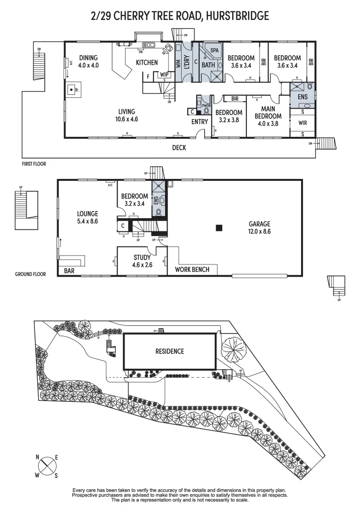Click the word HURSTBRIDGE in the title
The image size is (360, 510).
[x=236, y=17]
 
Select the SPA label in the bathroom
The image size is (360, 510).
[x=214, y=50]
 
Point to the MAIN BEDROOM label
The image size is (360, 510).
[x=268, y=112]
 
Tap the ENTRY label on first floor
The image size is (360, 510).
[x=200, y=122]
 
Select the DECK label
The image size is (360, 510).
[x=179, y=148]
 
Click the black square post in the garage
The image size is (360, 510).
[x=218, y=228]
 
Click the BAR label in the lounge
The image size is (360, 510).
[x=69, y=271]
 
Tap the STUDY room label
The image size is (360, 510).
[x=142, y=257]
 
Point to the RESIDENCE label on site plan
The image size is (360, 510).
[x=170, y=351]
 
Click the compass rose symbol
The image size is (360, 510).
[x=47, y=466]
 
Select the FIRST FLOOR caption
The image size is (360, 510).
[x=34, y=164]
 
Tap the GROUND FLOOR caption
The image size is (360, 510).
[x=31, y=273]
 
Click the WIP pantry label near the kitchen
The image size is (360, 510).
[x=164, y=74]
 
